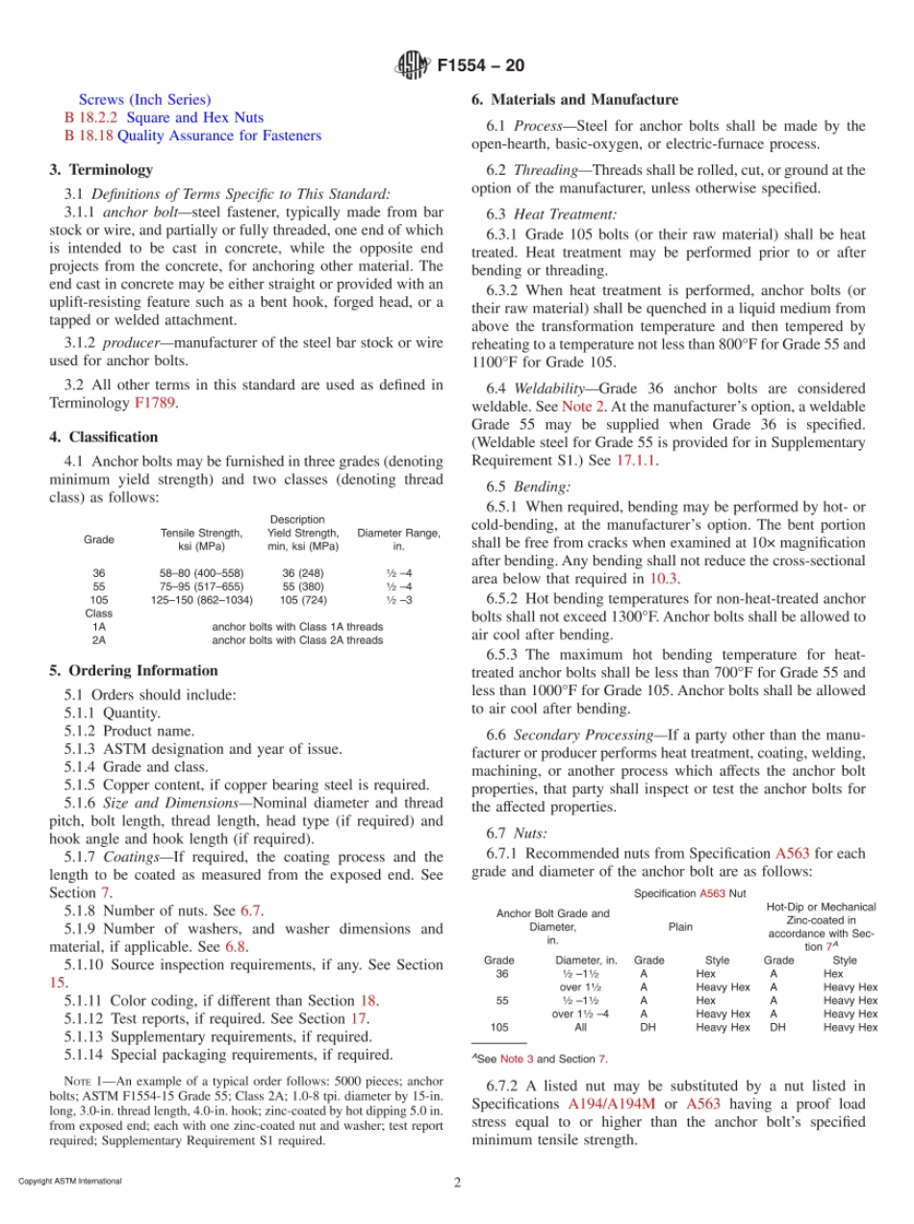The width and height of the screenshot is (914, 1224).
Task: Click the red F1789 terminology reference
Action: [x=156, y=403]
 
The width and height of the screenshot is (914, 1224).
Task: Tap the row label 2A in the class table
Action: [x=98, y=639]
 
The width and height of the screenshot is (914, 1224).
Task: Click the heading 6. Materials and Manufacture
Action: [x=574, y=99]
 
